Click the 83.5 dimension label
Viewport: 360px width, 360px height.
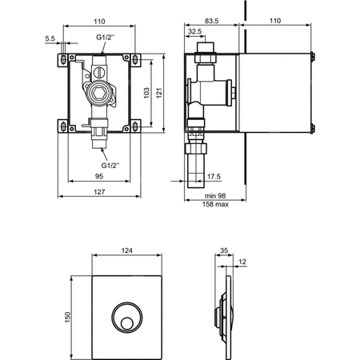pyautogui.click(x=212, y=21)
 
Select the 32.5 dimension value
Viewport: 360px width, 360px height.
pyautogui.click(x=194, y=31)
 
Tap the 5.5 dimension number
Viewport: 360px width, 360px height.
pyautogui.click(x=50, y=38)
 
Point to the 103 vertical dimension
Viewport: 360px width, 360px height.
pyautogui.click(x=146, y=93)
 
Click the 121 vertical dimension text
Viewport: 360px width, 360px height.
pyautogui.click(x=159, y=93)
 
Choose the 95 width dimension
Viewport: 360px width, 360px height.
pyautogui.click(x=99, y=176)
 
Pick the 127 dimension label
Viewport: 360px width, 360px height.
pyautogui.click(x=99, y=192)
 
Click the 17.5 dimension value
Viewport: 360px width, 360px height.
pyautogui.click(x=214, y=177)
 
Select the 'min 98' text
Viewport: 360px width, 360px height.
pyautogui.click(x=215, y=196)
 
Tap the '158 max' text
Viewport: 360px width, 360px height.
pyautogui.click(x=215, y=204)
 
